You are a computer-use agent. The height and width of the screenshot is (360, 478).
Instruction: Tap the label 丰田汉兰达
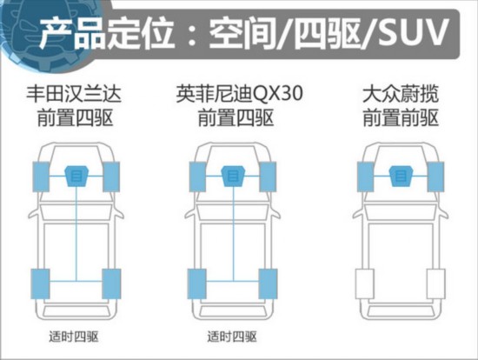74,94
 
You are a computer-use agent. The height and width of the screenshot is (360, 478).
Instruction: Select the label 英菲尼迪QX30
240,93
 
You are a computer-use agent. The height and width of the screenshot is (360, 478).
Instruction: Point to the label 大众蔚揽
401,94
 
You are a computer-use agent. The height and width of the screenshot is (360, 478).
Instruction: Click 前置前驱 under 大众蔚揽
401,117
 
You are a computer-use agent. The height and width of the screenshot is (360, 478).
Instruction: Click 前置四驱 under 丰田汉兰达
75,117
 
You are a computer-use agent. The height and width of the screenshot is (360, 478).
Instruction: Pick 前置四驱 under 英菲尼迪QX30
236,117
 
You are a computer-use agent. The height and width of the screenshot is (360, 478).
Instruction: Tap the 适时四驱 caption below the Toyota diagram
74,337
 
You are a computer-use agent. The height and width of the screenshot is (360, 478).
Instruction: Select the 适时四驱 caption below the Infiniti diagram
232,337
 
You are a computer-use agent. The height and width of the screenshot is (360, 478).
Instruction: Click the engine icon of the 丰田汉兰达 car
76,176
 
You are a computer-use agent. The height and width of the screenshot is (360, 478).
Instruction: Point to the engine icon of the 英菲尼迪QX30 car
234,176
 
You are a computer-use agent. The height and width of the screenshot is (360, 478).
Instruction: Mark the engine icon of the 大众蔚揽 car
401,176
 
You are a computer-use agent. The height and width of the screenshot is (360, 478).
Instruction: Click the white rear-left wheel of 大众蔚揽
365,283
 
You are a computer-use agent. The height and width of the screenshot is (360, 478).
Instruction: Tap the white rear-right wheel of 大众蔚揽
436,283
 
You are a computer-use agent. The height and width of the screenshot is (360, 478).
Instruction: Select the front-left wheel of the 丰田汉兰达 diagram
41,177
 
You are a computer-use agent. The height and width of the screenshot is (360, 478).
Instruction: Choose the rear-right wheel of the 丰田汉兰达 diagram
111,283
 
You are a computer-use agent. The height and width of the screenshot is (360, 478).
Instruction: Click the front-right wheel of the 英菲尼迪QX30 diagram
268,177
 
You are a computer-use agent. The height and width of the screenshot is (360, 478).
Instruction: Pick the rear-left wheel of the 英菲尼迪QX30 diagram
197,283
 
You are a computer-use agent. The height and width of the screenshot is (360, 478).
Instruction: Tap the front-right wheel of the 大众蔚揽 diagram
435,177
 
